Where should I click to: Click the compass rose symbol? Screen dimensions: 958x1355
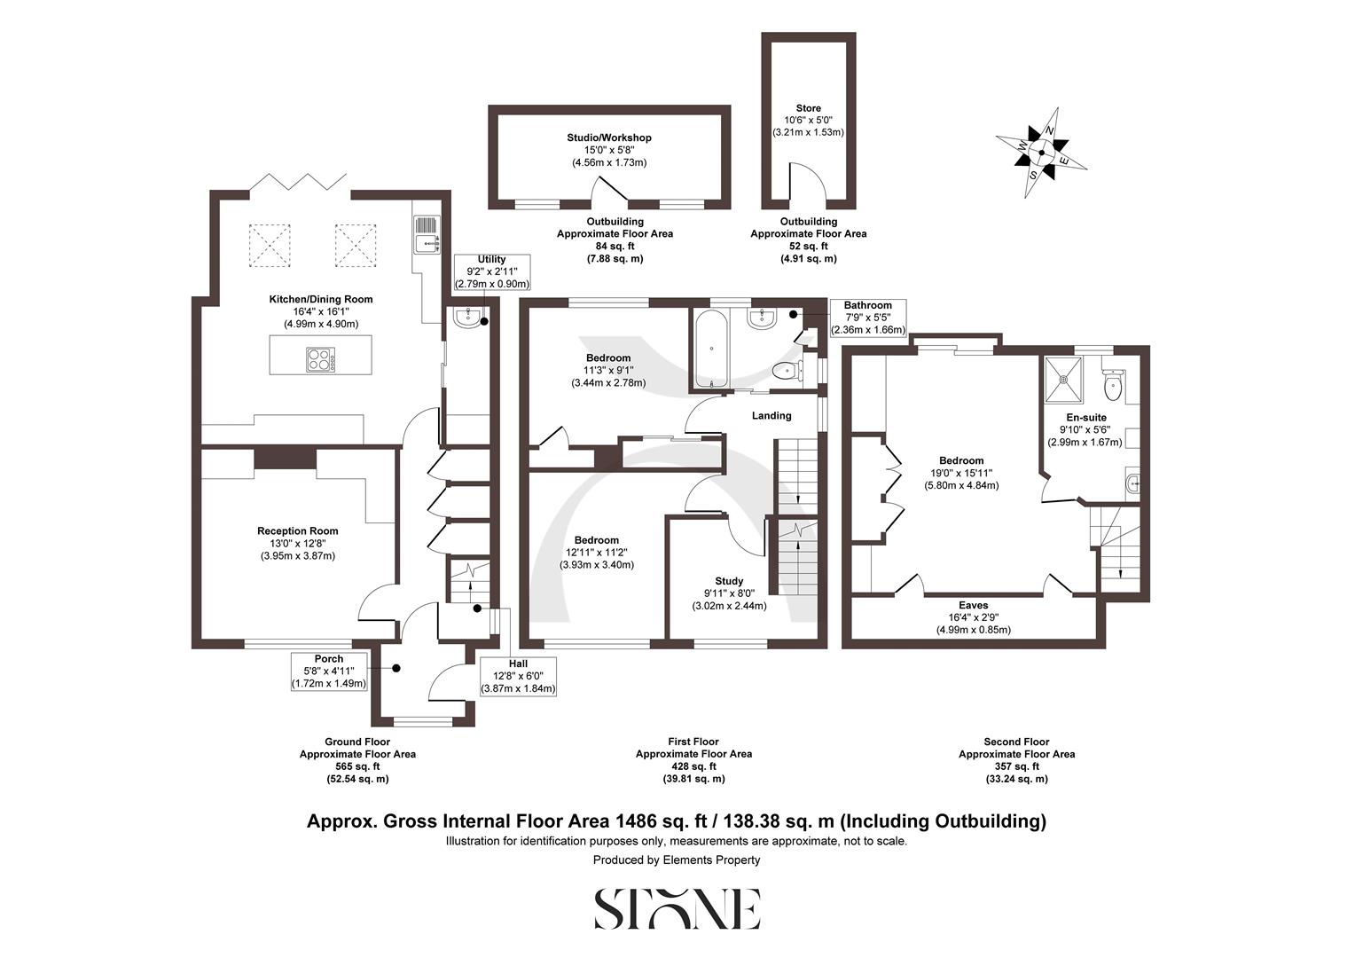coord(1042,153)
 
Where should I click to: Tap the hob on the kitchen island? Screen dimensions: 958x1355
coord(321,359)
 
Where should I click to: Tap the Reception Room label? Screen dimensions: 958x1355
coord(298,531)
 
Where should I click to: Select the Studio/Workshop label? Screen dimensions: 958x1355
coord(609,137)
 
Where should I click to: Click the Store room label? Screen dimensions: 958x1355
coord(808,108)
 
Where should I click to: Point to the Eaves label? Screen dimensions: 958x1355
coord(973,606)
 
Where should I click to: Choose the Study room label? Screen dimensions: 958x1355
coord(729,582)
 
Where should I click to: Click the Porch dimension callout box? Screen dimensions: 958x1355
coord(329,671)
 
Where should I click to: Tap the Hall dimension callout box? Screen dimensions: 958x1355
coord(518,676)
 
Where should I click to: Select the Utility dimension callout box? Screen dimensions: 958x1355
coord(491,271)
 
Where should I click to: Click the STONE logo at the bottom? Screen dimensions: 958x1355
coord(677,908)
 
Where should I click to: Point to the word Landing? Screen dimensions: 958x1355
coord(771,416)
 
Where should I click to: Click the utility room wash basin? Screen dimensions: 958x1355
coord(467,318)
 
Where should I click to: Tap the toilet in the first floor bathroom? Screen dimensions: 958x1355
coord(784,371)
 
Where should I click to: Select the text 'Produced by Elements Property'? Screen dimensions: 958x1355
coord(677,860)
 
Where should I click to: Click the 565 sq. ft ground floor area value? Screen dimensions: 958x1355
coord(356,766)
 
